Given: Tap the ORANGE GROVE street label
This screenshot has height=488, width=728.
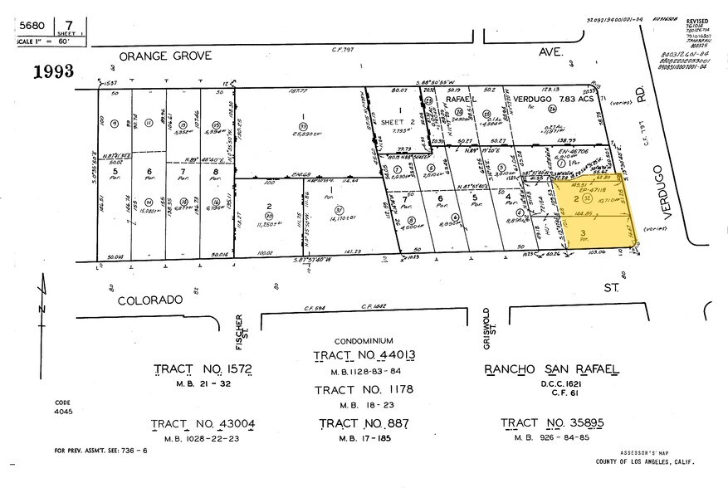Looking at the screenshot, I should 165,56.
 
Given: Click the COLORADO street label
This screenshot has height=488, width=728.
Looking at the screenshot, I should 149,300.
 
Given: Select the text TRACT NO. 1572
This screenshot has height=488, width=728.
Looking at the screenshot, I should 202,369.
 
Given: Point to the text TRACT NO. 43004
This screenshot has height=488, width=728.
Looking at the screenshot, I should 203,424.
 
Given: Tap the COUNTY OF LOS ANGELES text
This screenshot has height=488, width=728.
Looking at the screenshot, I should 645,461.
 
